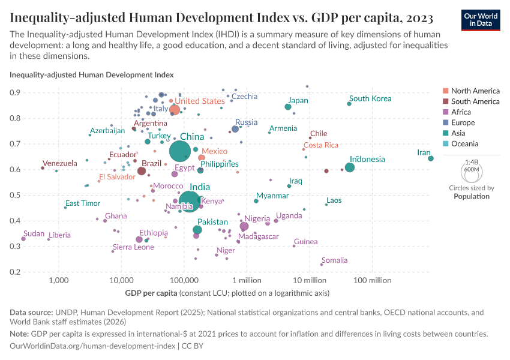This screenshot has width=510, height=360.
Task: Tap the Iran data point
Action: (431, 158)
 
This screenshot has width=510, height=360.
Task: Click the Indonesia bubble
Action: (350, 167)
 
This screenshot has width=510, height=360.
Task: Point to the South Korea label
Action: (370, 98)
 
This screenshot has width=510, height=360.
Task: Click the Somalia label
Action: (335, 260)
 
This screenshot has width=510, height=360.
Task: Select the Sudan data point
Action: (23, 239)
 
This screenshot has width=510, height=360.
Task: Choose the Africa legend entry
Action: (461, 112)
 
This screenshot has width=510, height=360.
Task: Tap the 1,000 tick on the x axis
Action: (58, 281)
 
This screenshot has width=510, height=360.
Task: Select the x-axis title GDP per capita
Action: (227, 293)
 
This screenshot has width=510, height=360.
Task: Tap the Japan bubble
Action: (288, 107)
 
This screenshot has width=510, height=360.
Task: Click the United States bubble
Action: (175, 110)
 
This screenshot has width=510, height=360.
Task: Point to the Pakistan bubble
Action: (197, 230)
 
